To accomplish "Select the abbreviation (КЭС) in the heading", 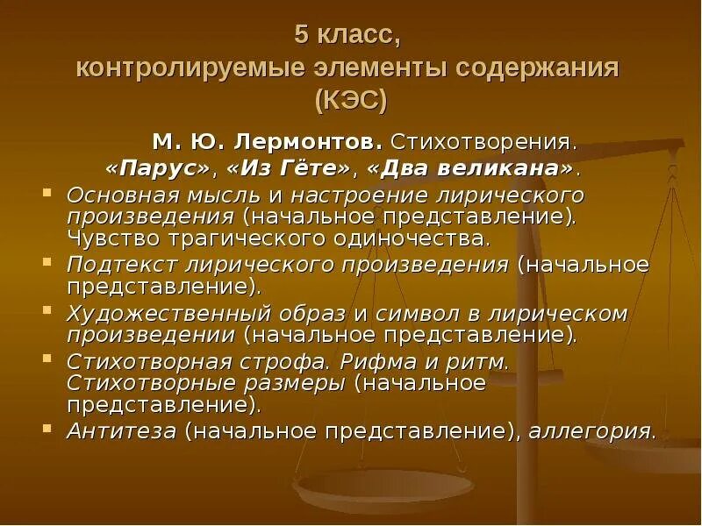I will [x=350, y=99].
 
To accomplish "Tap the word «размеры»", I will [x=298, y=383].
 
